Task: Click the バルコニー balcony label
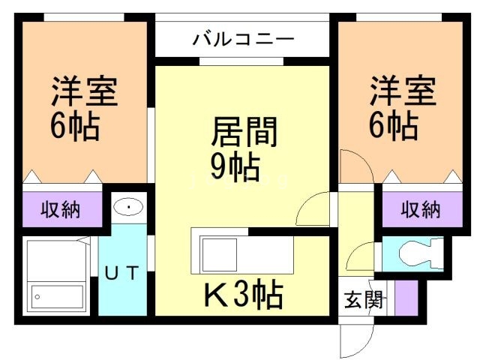click(243, 38)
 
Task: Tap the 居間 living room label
click(244, 133)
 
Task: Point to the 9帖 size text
click(235, 166)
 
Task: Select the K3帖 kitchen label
click(244, 295)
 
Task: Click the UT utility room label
click(121, 274)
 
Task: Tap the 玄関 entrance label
click(364, 301)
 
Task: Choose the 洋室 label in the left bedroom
click(84, 93)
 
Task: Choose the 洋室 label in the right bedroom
click(401, 93)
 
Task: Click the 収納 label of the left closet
click(60, 209)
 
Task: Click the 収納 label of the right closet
click(420, 209)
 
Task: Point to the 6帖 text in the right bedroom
click(393, 126)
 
